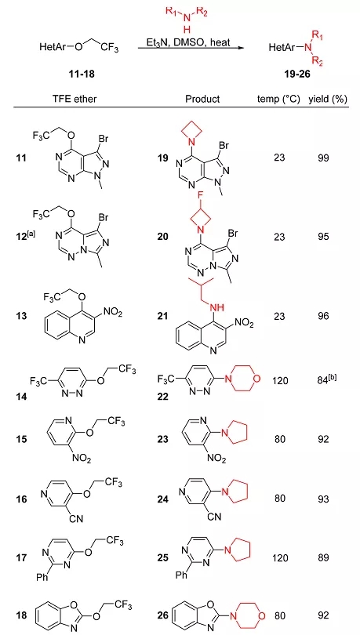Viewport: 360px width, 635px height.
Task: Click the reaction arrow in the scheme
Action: (191, 48)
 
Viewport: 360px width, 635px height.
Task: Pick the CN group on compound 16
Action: (73, 517)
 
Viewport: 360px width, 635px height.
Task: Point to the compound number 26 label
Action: (164, 615)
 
